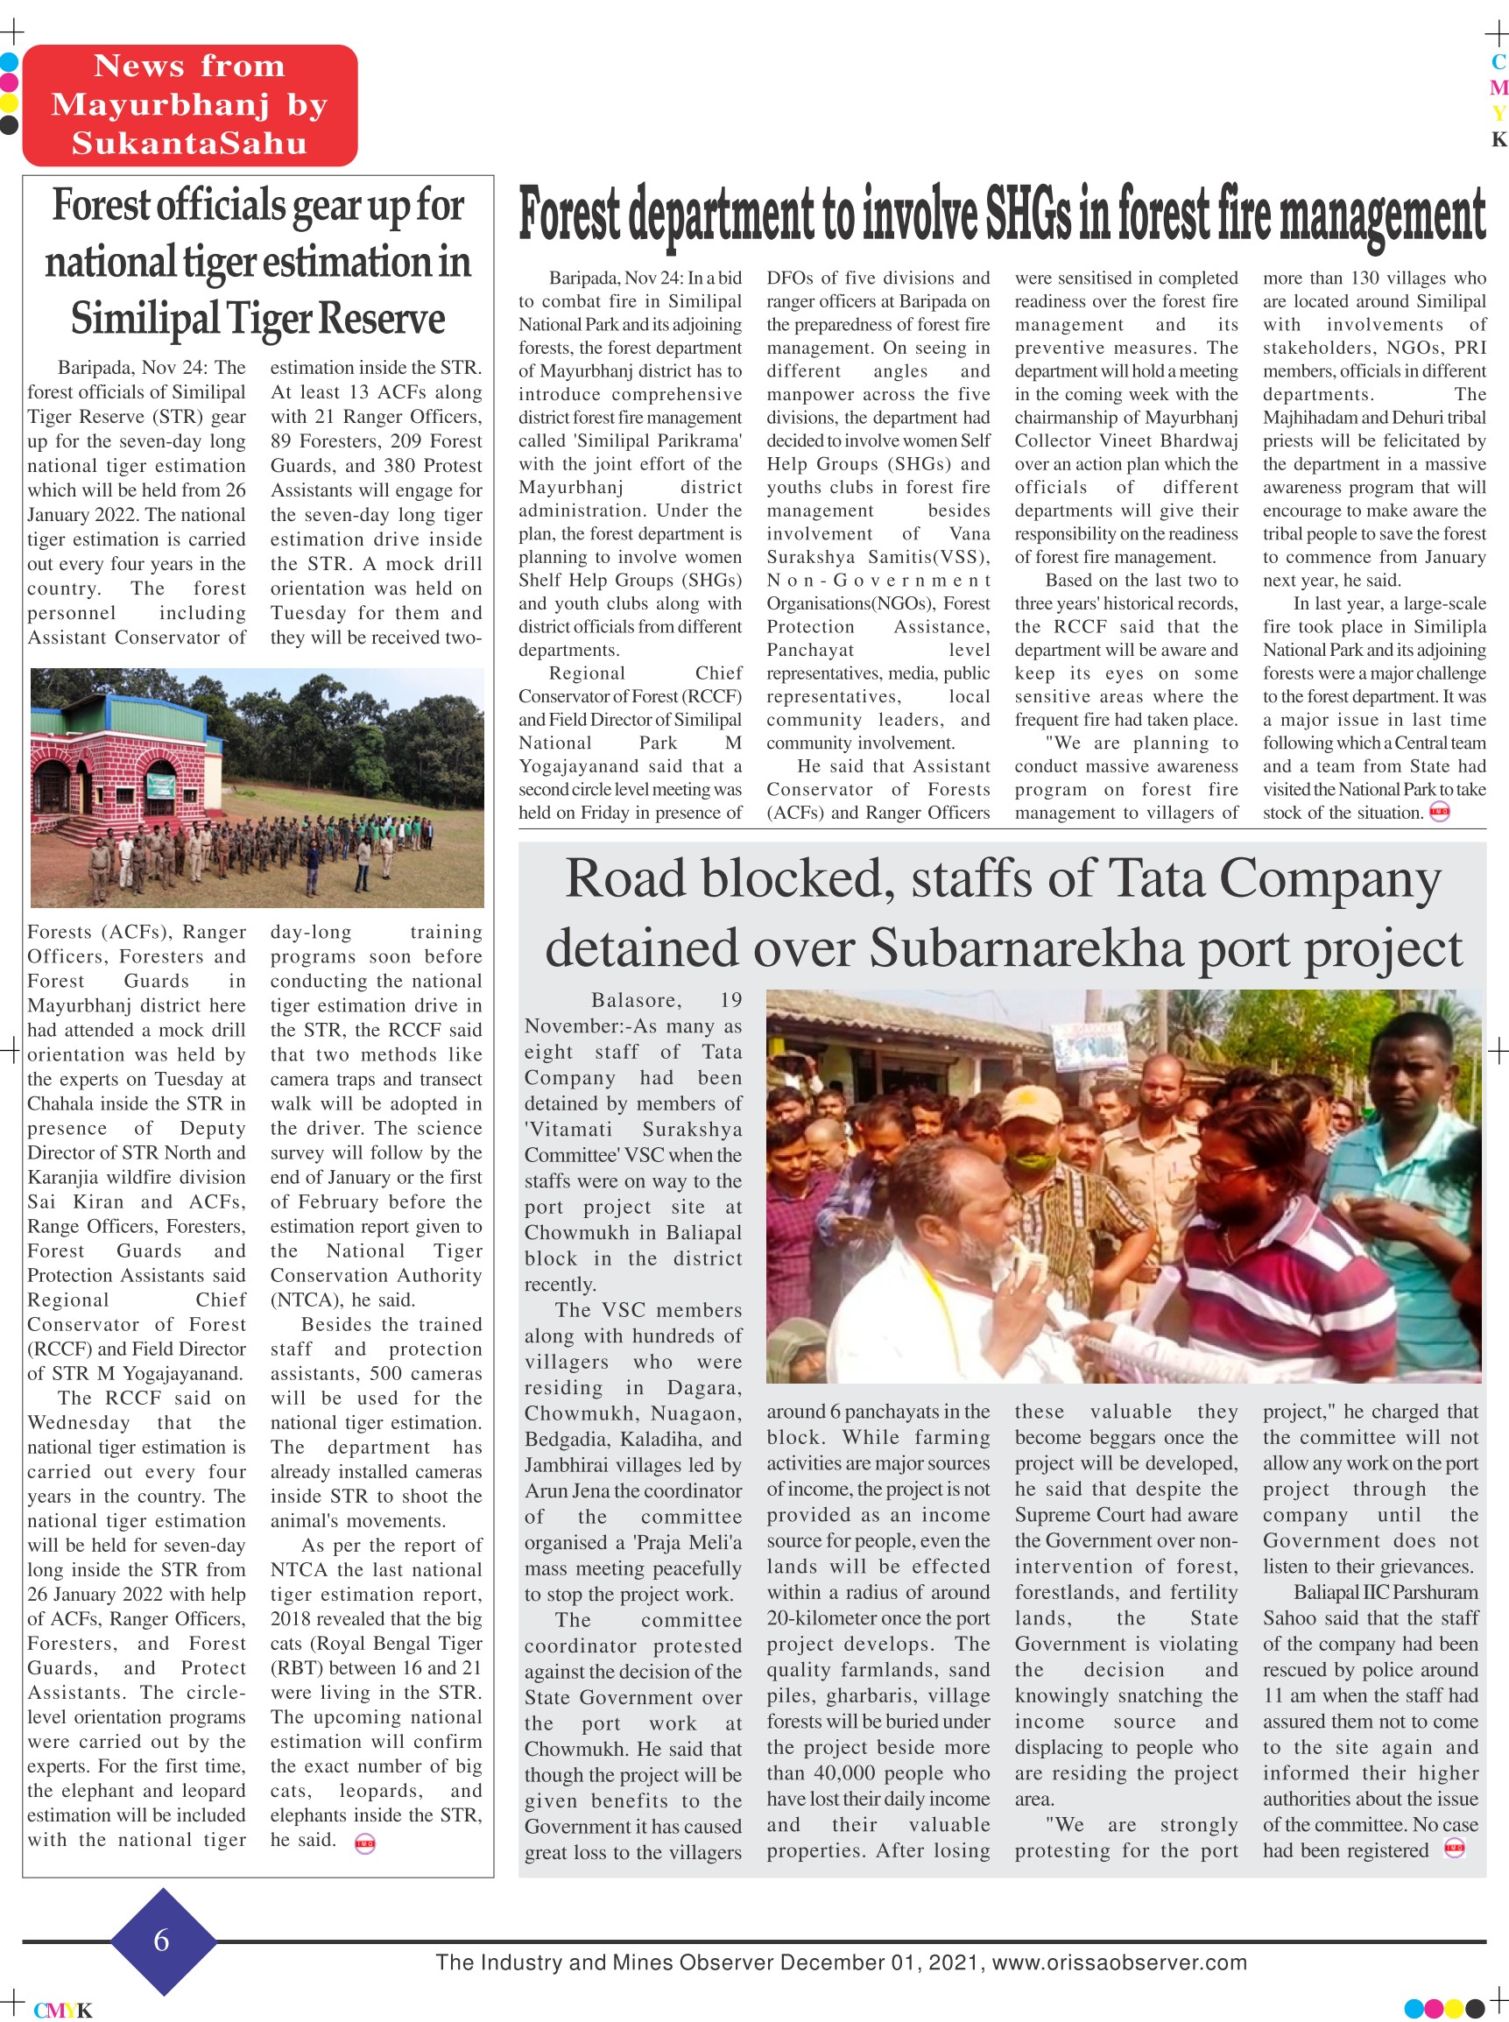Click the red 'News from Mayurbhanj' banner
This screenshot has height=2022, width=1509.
[x=189, y=105]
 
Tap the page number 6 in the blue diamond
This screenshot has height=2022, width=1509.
[x=162, y=1939]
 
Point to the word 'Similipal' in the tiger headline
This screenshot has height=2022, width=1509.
[x=145, y=319]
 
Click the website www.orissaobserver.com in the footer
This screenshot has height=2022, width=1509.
[x=1119, y=1962]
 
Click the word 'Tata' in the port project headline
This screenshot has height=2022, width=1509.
[x=1157, y=878]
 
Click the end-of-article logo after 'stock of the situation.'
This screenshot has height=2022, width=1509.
[x=1440, y=811]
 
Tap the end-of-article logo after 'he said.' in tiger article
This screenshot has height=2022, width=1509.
[x=364, y=1843]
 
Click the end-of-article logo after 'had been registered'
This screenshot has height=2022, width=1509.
[x=1454, y=1849]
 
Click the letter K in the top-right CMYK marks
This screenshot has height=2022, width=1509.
[x=1498, y=139]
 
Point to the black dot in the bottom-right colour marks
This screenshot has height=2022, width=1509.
[x=1474, y=2008]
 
